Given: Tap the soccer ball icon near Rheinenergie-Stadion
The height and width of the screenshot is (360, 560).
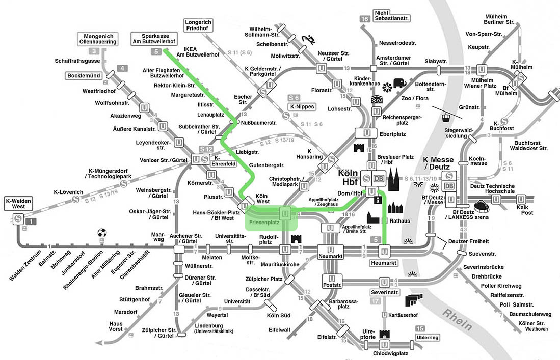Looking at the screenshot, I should pyautogui.click(x=102, y=233).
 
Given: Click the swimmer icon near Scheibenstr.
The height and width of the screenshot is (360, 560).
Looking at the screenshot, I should pyautogui.click(x=308, y=39).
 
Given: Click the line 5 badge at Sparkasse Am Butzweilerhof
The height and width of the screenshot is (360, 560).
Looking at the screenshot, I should pyautogui.click(x=156, y=51).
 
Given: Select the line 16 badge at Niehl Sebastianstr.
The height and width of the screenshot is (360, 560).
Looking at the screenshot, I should pyautogui.click(x=364, y=19).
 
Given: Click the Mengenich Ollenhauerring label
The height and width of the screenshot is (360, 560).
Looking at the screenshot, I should pyautogui.click(x=98, y=38).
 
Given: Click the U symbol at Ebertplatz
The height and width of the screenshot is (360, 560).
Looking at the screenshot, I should pyautogui.click(x=366, y=133).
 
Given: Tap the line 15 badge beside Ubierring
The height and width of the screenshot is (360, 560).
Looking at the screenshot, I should pyautogui.click(x=420, y=328).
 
